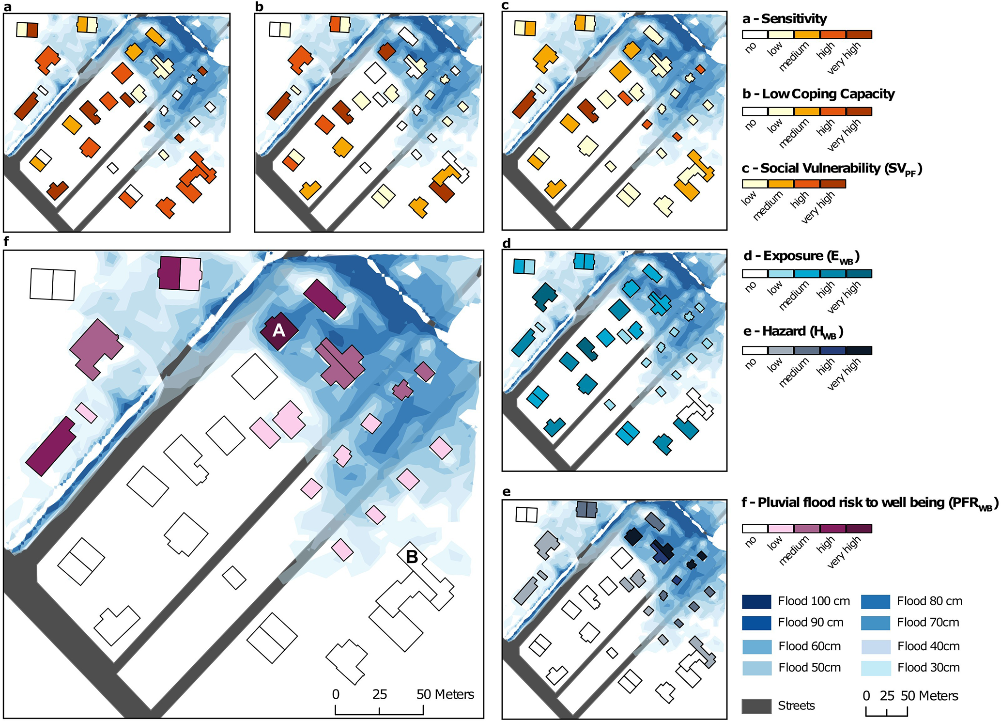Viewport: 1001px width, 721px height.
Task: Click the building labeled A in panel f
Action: coord(279,331)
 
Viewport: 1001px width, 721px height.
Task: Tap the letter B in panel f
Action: coord(412,557)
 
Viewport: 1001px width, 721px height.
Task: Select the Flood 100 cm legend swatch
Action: coord(756,601)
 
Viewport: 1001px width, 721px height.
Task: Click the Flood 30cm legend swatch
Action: coord(876,668)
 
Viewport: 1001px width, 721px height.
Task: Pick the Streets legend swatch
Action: coord(756,706)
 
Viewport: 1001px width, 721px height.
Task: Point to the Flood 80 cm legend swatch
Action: coord(876,601)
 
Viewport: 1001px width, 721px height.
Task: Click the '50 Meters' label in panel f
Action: coord(445,694)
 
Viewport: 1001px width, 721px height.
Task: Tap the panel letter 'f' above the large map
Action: coord(6,241)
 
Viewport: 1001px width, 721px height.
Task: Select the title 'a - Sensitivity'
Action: coord(785,19)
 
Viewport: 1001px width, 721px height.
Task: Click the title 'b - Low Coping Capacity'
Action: coord(818,94)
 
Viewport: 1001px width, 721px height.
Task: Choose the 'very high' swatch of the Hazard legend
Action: coord(859,350)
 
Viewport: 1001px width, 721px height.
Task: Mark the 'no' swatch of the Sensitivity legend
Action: coord(755,34)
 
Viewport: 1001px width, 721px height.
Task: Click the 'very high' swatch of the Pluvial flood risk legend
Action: coord(859,529)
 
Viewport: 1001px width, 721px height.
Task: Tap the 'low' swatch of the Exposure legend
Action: coord(781,274)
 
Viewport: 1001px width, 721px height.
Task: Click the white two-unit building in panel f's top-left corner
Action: coord(53,284)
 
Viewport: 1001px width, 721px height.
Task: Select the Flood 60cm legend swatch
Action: coord(756,646)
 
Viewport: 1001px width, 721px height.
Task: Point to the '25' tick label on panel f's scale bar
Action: coord(380,694)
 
